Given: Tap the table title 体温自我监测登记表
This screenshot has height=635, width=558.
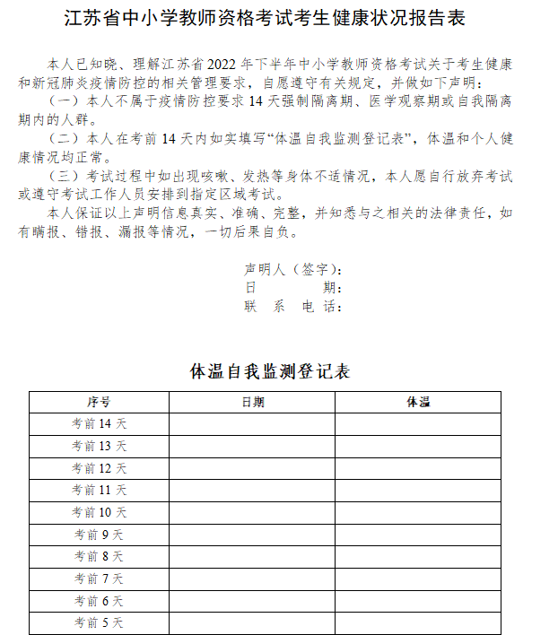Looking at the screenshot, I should [270, 371].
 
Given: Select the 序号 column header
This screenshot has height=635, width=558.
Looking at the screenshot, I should [99, 402].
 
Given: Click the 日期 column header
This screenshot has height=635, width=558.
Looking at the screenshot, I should [252, 402].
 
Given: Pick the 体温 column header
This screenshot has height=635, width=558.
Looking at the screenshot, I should [418, 402].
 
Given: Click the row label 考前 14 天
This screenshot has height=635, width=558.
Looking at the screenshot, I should [99, 424].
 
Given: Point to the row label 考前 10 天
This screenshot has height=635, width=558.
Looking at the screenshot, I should [99, 512].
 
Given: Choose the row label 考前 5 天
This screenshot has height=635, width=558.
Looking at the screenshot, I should [99, 622].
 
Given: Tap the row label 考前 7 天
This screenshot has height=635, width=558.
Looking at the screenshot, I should [99, 578].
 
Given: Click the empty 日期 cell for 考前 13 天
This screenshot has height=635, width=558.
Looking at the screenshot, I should [252, 446].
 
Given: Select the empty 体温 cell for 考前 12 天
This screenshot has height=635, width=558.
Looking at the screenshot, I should [418, 468].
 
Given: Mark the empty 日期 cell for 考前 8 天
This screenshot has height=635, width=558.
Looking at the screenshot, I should [252, 556].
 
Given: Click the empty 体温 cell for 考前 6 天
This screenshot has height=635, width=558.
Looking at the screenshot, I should [418, 601].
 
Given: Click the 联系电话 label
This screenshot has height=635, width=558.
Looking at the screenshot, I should [292, 307].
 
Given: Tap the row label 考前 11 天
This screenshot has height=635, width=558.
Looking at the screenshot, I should [99, 490].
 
